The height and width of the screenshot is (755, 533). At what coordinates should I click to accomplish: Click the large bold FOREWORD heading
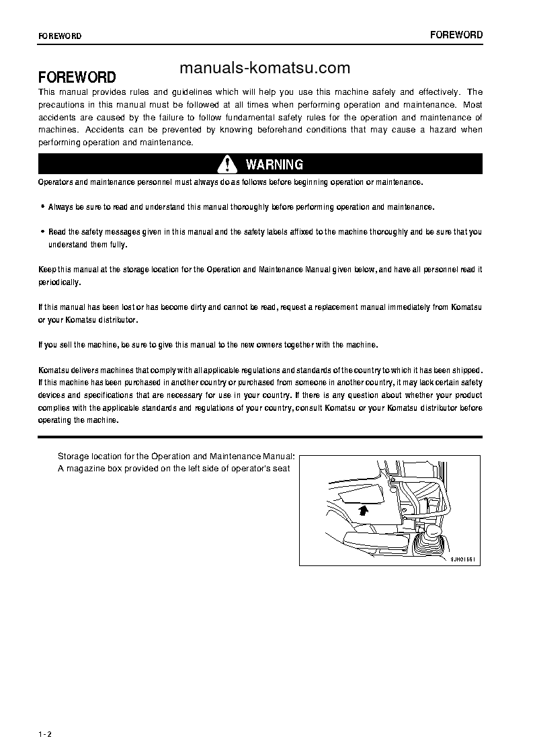pos(77,77)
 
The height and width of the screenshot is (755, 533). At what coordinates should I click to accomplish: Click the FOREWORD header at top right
pos(456,35)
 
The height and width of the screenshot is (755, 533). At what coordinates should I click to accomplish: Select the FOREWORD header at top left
pos(60,36)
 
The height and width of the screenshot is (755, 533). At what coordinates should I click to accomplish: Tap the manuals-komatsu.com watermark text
pos(265,68)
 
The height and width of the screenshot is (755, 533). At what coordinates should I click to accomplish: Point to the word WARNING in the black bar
pos(274,165)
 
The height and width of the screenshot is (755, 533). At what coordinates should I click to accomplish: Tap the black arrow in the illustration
pos(364,511)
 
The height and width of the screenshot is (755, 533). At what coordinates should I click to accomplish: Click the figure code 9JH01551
pos(463,559)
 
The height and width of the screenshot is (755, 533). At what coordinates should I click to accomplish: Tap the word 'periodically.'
pos(59,282)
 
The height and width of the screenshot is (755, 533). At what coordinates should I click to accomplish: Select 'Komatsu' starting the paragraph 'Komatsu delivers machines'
pos(52,370)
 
